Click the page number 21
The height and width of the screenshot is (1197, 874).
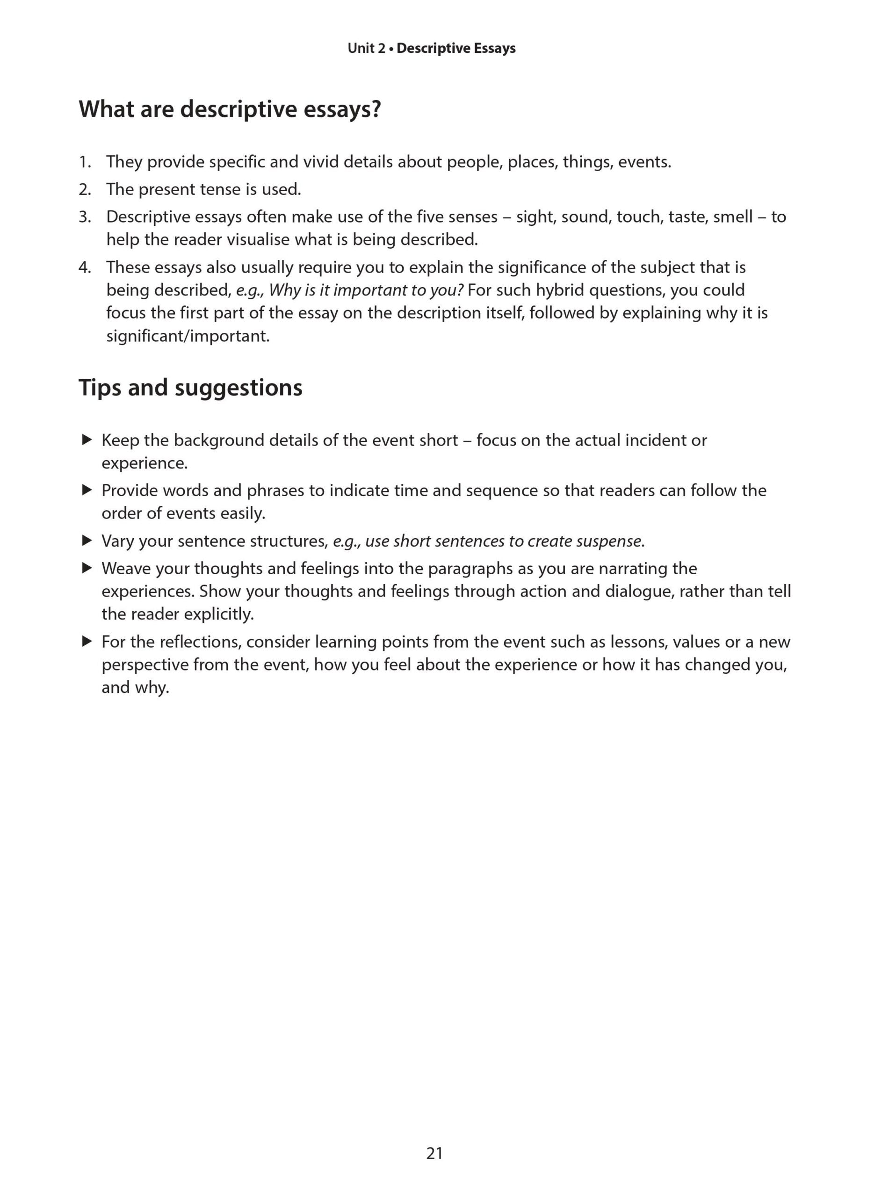(x=434, y=1153)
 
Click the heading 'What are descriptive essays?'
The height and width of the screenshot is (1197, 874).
(x=230, y=109)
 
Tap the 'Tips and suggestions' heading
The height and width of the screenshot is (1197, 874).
(x=190, y=388)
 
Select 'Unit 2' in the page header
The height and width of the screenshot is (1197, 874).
(x=366, y=49)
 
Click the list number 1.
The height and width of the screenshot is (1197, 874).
(x=84, y=162)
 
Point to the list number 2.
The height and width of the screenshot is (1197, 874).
(x=84, y=190)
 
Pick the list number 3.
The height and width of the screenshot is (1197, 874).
(x=84, y=217)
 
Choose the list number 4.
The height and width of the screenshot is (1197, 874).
(x=84, y=267)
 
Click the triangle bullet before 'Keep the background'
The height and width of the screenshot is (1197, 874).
(x=87, y=440)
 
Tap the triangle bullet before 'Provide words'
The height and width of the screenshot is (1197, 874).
(x=87, y=490)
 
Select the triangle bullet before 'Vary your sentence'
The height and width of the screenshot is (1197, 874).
(x=87, y=541)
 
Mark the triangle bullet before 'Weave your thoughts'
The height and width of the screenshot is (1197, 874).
(x=87, y=568)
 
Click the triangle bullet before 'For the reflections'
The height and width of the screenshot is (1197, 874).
(x=87, y=642)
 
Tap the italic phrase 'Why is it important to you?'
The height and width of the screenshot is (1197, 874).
(x=366, y=290)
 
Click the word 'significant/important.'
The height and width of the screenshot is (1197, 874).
(x=188, y=336)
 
